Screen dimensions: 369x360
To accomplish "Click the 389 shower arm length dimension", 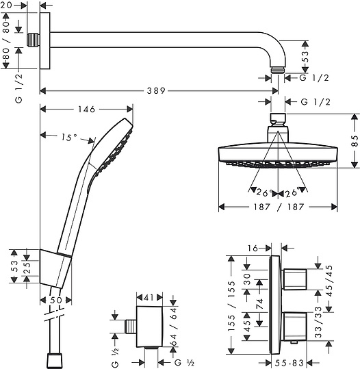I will (159, 90).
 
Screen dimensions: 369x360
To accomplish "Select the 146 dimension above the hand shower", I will (87, 108).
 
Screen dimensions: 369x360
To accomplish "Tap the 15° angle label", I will (68, 137).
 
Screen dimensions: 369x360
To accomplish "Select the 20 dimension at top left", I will (15, 5).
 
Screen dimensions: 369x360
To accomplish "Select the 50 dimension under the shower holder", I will (56, 300).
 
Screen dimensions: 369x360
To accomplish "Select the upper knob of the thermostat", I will (296, 278).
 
